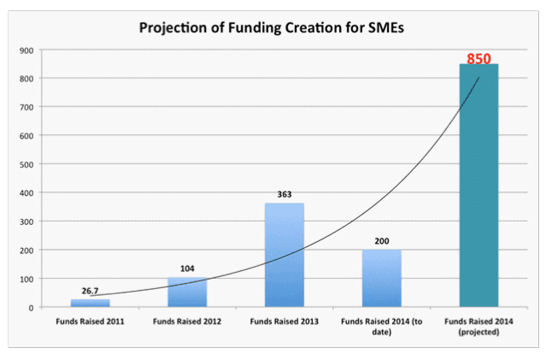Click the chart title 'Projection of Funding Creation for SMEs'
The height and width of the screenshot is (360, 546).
[273, 27]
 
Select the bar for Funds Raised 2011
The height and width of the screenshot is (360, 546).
[91, 303]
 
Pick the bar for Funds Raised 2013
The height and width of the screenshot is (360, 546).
[285, 255]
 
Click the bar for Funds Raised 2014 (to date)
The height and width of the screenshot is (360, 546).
[381, 279]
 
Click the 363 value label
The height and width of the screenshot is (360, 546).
[285, 195]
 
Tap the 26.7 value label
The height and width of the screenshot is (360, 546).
[91, 292]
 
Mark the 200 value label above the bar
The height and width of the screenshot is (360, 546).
[381, 242]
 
